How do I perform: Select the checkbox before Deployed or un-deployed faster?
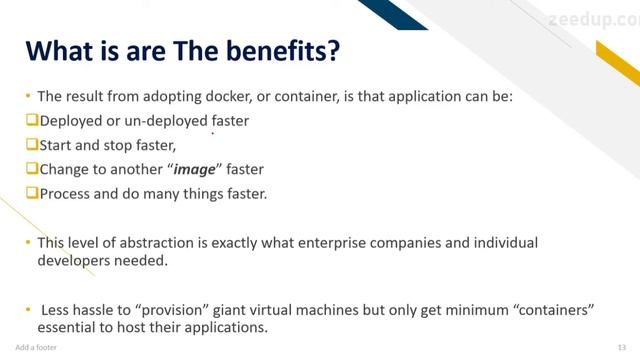coord(31,120)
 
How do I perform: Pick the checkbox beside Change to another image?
coord(31,169)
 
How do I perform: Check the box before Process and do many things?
coord(31,193)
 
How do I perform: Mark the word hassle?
coord(101,310)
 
